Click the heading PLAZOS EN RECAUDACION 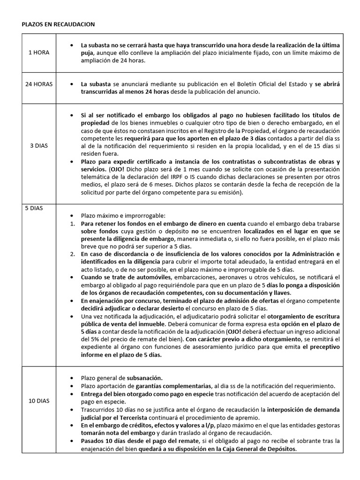[58, 24]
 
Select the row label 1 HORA [38, 52]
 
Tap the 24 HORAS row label [38, 84]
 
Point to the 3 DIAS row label [38, 146]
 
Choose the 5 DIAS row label [34, 208]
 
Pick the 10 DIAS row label [38, 401]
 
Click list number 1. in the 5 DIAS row [73, 224]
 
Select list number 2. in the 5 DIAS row [73, 254]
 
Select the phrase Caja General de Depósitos [255, 448]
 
